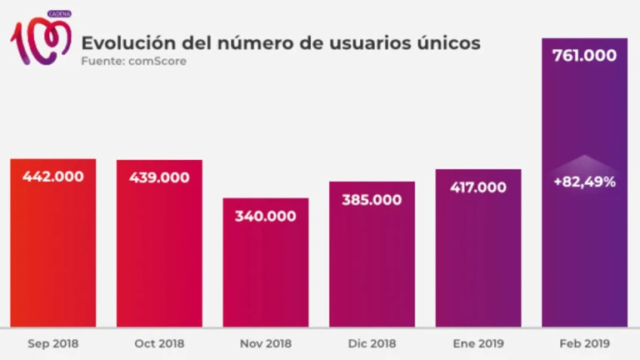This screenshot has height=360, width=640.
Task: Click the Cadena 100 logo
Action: [39, 38]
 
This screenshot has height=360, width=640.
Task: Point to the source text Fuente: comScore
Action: [133, 62]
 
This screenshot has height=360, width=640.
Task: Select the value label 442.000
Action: [52, 177]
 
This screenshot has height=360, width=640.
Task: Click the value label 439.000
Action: [159, 177]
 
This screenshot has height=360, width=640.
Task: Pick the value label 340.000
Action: [265, 216]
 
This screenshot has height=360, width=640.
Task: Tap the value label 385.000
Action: [372, 200]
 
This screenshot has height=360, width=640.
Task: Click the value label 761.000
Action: [584, 56]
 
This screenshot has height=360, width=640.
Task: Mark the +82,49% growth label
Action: [584, 181]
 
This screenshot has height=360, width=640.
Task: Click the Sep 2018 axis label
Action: [52, 343]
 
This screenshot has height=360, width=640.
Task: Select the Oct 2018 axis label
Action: [159, 343]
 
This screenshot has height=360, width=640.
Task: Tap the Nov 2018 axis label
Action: [265, 343]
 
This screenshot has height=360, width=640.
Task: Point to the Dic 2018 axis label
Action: [372, 343]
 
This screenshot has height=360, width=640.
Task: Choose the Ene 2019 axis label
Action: [477, 343]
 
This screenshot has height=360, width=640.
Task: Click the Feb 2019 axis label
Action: [584, 343]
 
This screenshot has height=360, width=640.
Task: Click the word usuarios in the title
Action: [365, 42]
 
